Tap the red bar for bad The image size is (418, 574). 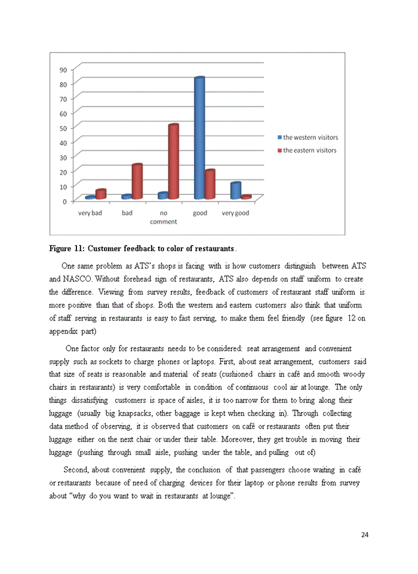point(137,181)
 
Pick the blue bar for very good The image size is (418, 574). point(236,190)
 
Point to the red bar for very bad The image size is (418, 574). point(101,194)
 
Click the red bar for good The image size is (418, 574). point(210,184)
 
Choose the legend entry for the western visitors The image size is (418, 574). point(310,138)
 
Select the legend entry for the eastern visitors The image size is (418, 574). point(309,150)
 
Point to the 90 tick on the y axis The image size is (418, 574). point(63,70)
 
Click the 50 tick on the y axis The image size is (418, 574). point(63,128)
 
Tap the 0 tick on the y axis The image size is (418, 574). point(64,201)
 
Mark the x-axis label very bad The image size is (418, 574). point(90,213)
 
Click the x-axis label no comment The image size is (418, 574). point(164,217)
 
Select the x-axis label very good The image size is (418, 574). point(235,213)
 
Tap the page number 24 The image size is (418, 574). point(365,535)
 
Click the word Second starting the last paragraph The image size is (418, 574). point(75,469)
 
